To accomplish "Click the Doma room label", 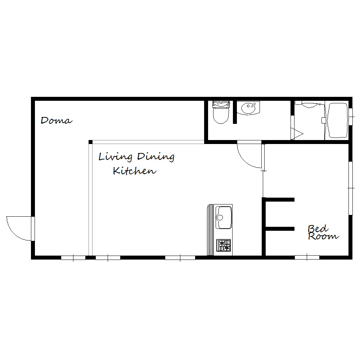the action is [x=57, y=121].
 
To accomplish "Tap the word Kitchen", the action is [x=135, y=171].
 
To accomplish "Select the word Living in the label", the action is [x=116, y=157].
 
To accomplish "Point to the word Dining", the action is [x=156, y=157].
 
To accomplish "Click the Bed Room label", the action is [x=323, y=232].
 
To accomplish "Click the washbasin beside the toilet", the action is [x=248, y=108].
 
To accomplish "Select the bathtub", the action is [x=338, y=121].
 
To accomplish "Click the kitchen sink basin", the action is [x=224, y=217].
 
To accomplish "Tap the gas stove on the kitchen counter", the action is [x=224, y=246].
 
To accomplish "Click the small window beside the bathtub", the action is [x=351, y=117].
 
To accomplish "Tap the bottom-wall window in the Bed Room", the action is [x=307, y=257].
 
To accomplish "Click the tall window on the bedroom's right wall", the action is [x=351, y=188].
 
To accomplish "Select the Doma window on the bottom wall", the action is [x=73, y=258].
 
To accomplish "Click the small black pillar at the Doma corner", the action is [x=90, y=142].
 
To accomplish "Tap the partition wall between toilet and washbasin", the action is [x=235, y=112].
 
